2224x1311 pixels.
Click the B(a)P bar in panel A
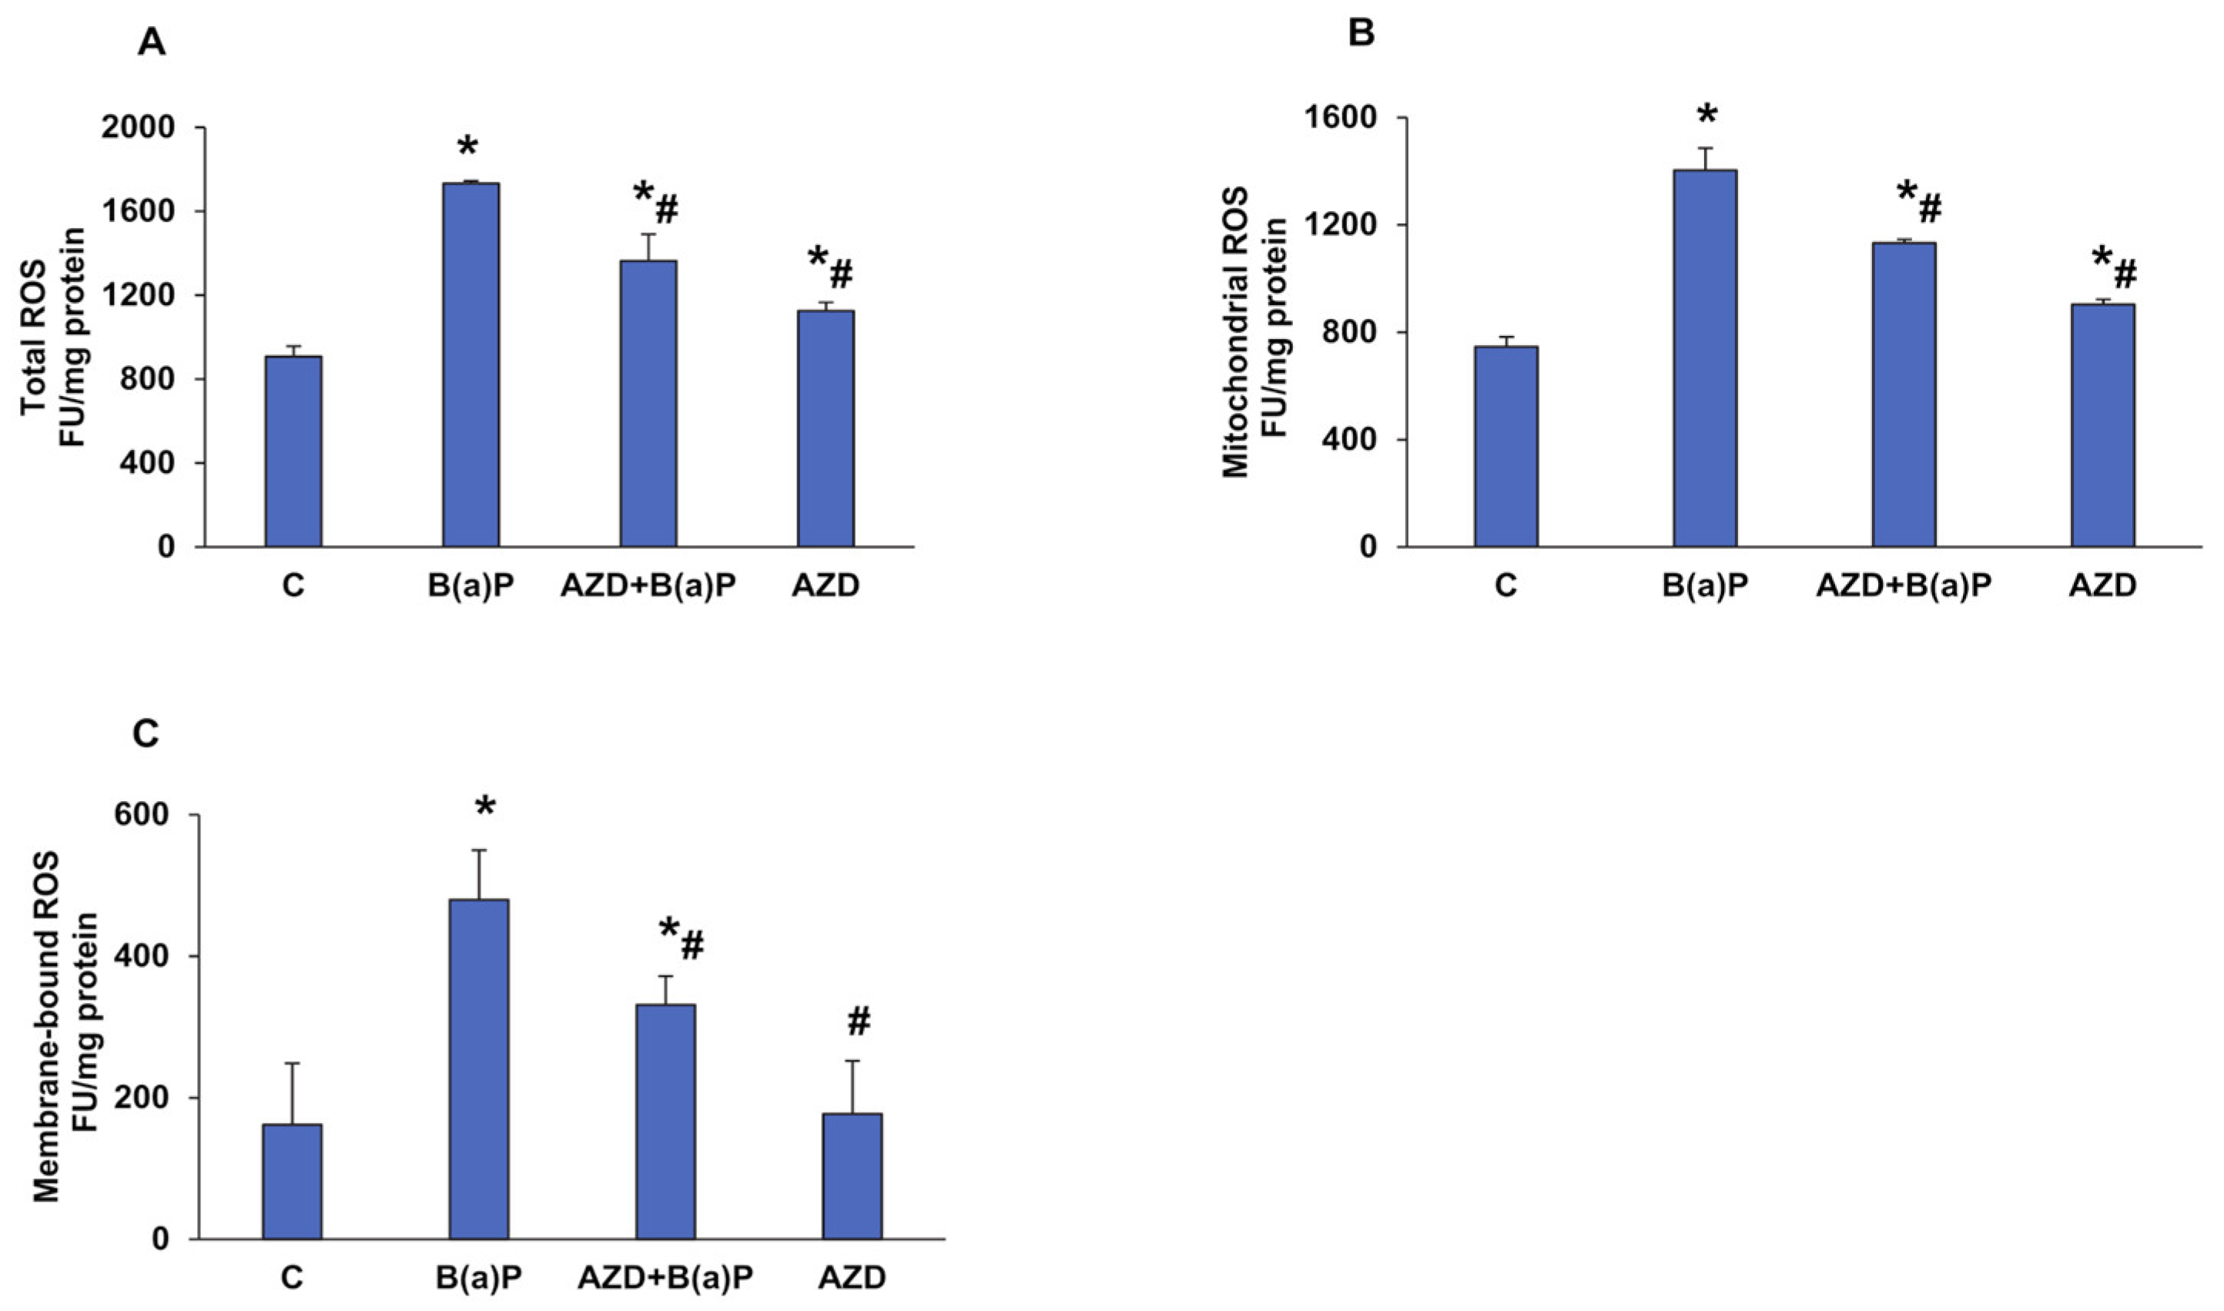pos(471,364)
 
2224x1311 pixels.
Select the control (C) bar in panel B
pos(1506,446)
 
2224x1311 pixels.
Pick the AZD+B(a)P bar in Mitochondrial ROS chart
pos(1904,394)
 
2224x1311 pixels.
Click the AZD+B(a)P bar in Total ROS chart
pos(648,403)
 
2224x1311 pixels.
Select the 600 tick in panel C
pos(150,816)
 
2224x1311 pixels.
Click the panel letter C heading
pos(146,733)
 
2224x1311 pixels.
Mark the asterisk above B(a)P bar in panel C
pos(485,806)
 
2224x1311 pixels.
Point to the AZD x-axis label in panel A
pos(825,587)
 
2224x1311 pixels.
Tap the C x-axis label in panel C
pos(293,1279)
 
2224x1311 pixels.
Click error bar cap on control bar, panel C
pos(293,1064)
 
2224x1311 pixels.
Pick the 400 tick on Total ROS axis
pos(150,463)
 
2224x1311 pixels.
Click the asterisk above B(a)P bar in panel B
pos(1707,115)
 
